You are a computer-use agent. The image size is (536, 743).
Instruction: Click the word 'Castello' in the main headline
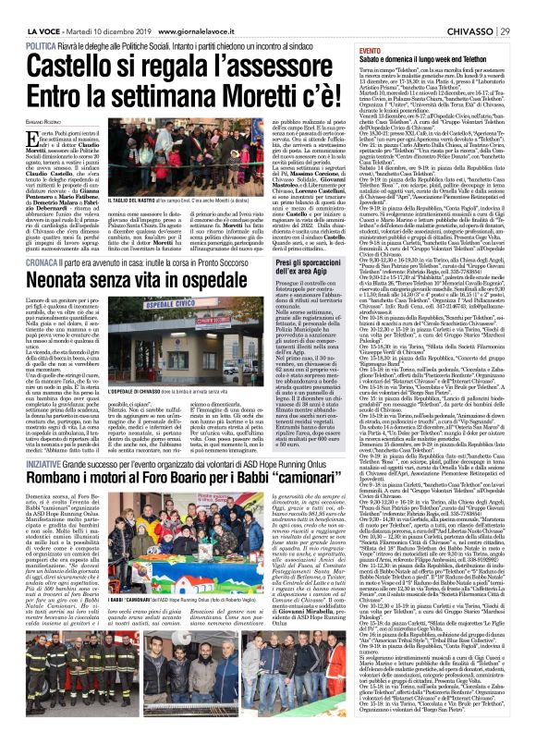62,67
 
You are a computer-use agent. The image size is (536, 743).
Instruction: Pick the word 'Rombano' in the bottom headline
61,482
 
